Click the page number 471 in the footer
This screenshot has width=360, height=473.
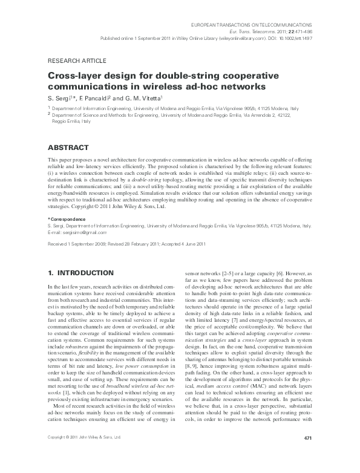coord(306,454)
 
